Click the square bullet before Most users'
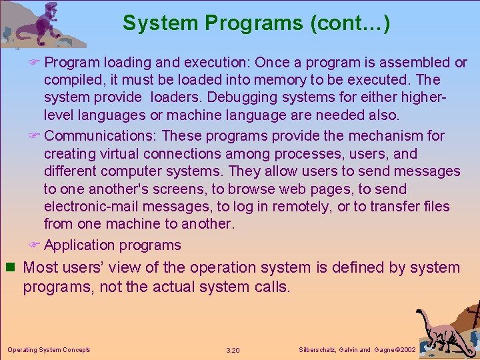10,268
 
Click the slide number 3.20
233,350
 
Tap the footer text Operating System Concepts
49,350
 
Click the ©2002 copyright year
406,350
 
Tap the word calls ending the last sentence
270,288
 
